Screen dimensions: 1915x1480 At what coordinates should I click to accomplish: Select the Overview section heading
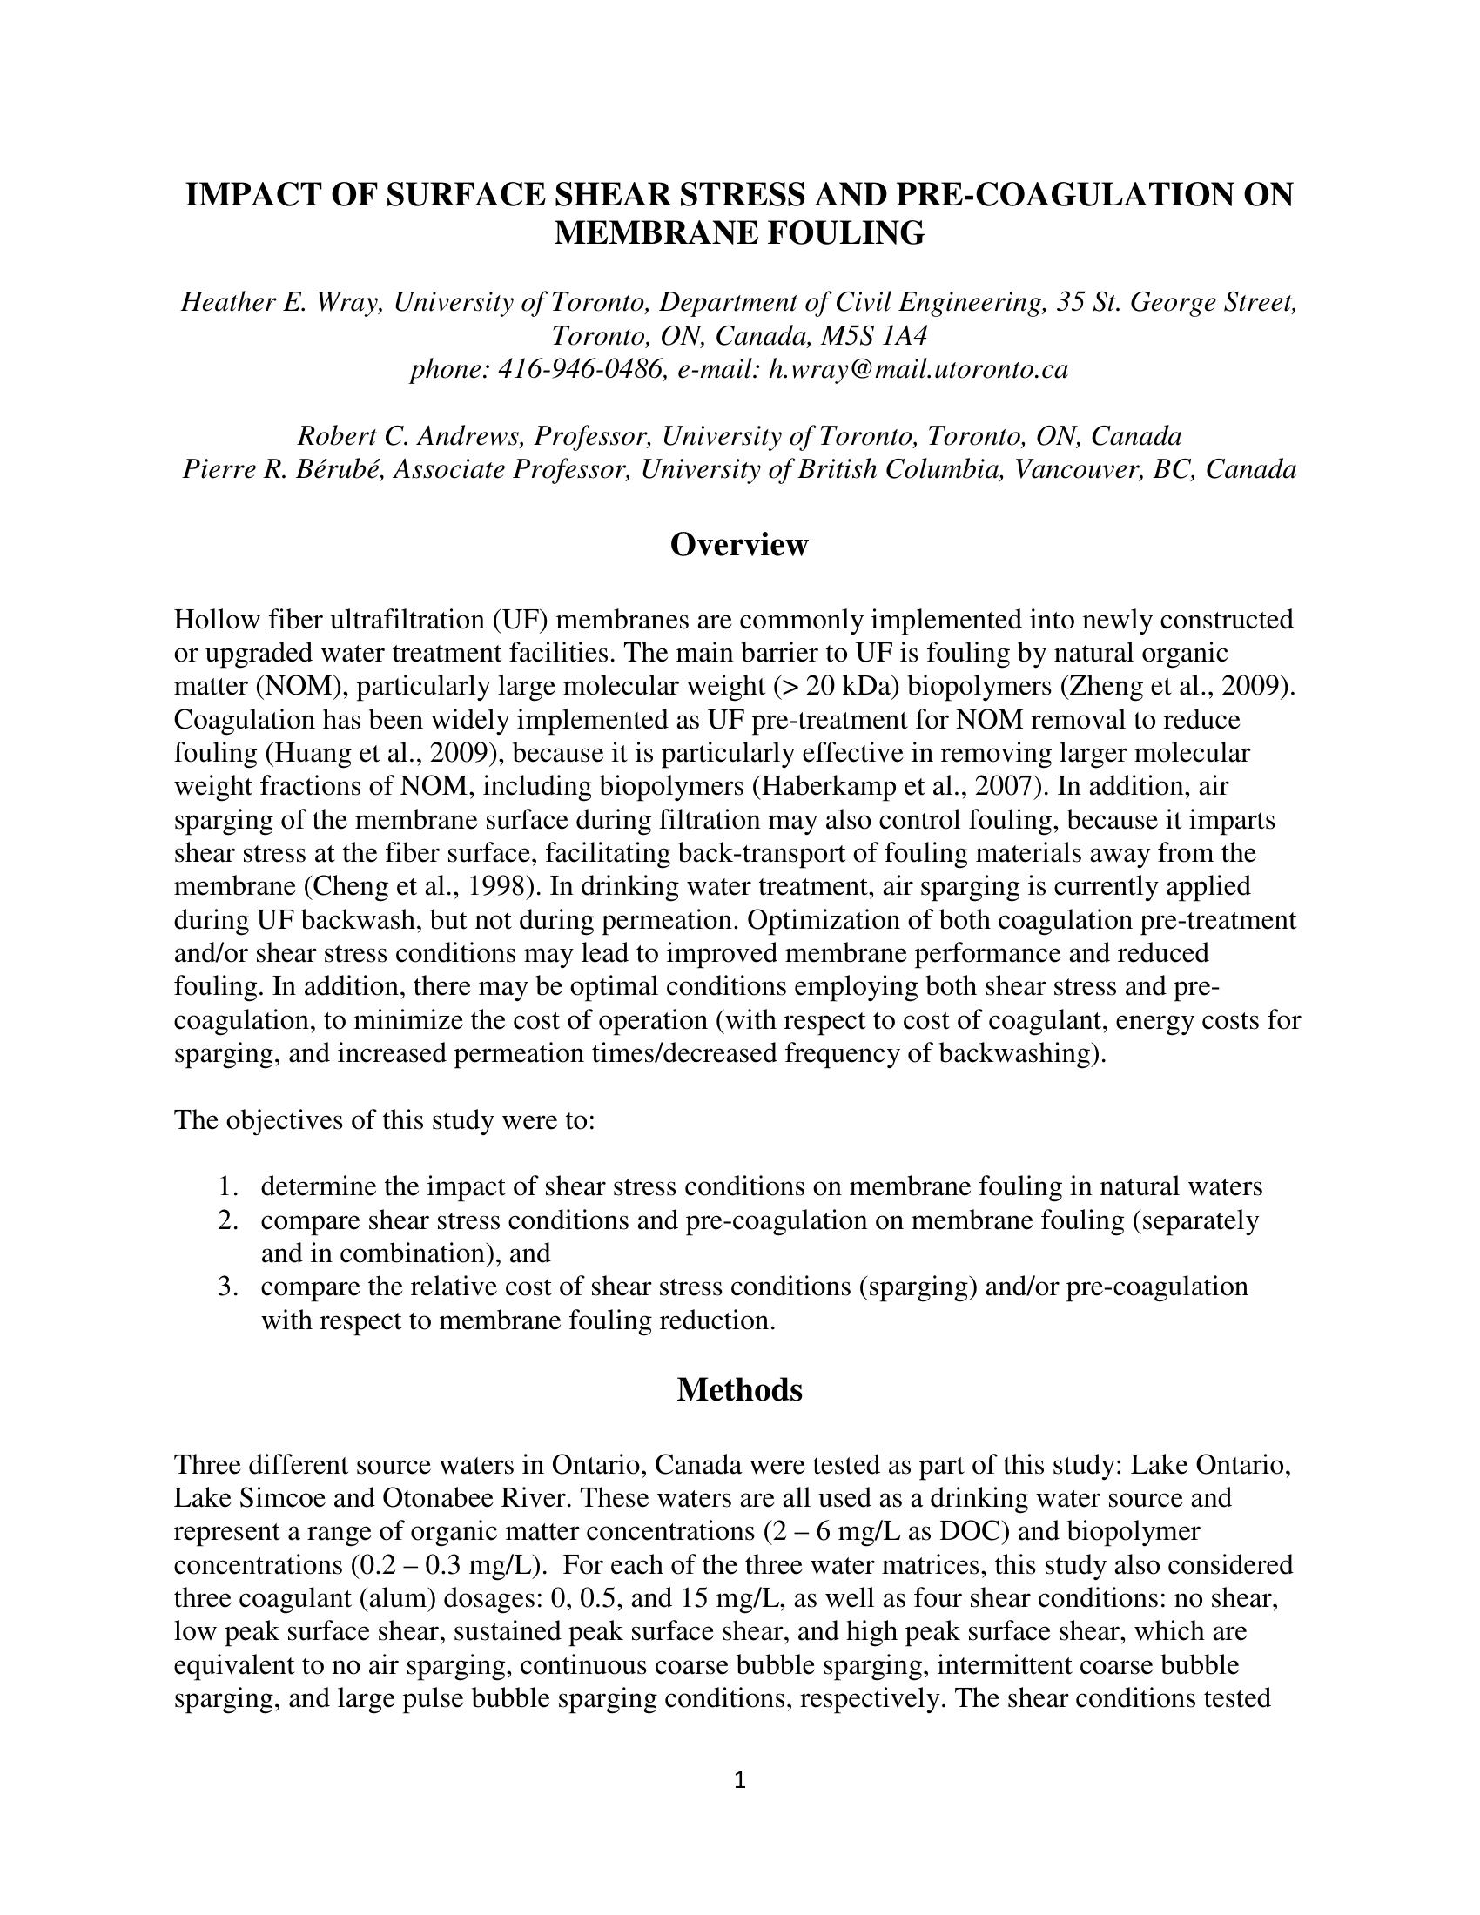pyautogui.click(x=739, y=545)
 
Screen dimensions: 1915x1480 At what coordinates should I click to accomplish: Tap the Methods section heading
pyautogui.click(x=739, y=1390)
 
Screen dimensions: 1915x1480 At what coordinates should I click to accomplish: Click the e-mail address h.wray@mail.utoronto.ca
pyautogui.click(x=918, y=369)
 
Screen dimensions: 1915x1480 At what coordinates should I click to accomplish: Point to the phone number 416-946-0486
pyautogui.click(x=580, y=369)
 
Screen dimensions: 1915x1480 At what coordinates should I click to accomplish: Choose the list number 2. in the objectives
pyautogui.click(x=230, y=1220)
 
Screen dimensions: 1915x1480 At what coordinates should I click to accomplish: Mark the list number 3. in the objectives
pyautogui.click(x=230, y=1287)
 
